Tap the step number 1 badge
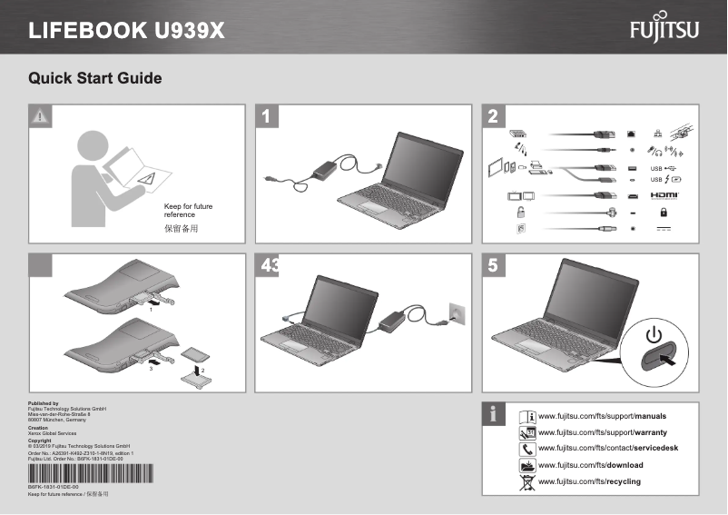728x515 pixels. tap(266, 115)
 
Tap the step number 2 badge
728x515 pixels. tap(493, 115)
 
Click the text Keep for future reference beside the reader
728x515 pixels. tap(188, 211)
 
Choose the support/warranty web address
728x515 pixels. tap(603, 432)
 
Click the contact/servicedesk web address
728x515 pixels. tap(608, 449)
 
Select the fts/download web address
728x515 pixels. tap(591, 465)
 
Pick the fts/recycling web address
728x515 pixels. tap(589, 481)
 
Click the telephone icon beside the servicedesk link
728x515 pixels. tap(526, 449)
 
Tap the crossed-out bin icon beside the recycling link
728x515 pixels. tap(526, 481)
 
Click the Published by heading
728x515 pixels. tap(44, 402)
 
